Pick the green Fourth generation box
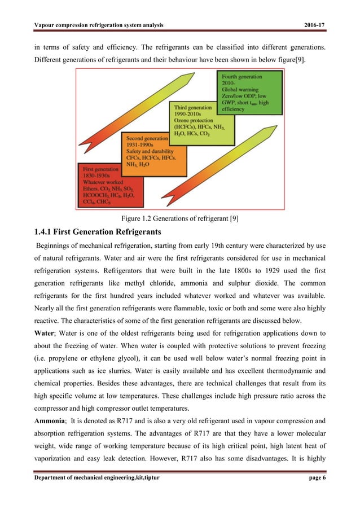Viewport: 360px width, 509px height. [x=242, y=90]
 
